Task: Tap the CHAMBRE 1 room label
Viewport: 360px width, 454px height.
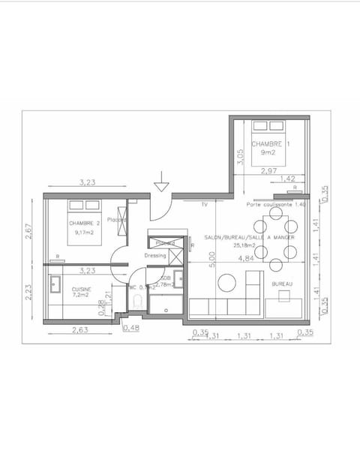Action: (268, 144)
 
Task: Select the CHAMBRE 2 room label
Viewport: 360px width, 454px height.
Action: (84, 223)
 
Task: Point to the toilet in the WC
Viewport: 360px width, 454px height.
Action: (136, 301)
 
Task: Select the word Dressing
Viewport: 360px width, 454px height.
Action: (155, 254)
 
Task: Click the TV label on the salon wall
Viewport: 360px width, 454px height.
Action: (203, 204)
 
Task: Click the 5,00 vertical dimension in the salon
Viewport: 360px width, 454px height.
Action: (212, 259)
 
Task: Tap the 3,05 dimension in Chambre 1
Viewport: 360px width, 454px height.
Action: (240, 157)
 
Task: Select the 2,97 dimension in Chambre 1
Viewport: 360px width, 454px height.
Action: (268, 172)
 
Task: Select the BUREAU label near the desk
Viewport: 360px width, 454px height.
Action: (282, 284)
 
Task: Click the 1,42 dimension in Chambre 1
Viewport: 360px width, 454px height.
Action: (287, 179)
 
